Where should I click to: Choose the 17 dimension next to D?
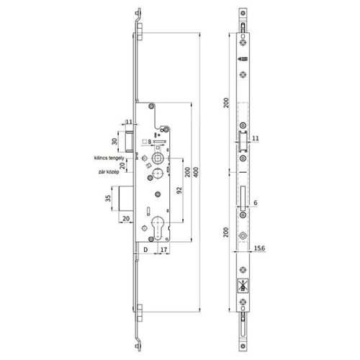[x=164, y=249]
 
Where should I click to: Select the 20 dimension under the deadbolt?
[x=127, y=218]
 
